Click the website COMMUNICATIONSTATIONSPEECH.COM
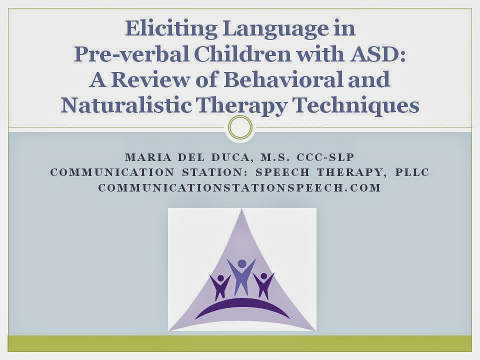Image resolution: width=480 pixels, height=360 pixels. [x=239, y=188]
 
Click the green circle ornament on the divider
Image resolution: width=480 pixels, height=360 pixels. [x=239, y=127]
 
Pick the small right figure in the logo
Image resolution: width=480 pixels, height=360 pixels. [x=263, y=285]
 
